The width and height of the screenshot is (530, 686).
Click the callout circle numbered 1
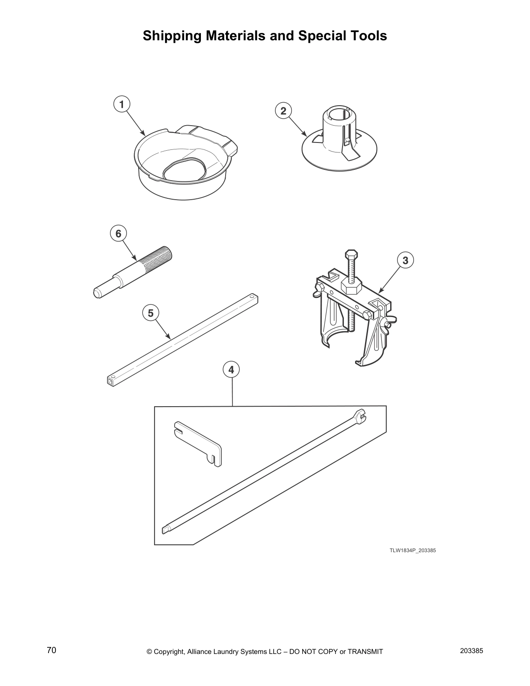122,104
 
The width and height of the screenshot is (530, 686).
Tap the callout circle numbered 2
283,111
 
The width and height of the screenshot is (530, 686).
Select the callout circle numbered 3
405,260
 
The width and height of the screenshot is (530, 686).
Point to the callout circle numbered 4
231,370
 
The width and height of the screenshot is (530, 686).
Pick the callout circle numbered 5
151,313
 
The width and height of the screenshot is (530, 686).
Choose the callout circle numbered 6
118,234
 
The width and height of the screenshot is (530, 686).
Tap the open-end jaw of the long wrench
360,416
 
